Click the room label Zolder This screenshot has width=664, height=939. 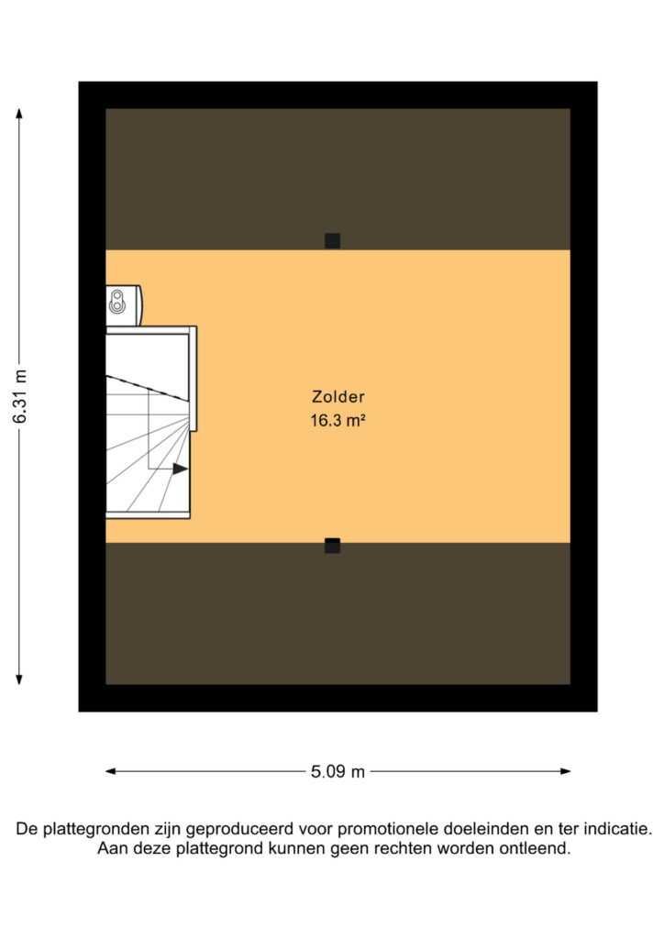[338, 396]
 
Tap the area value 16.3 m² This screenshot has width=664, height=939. [338, 420]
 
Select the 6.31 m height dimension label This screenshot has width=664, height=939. [20, 396]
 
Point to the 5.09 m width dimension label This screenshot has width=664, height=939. [338, 771]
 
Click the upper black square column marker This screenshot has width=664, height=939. [332, 241]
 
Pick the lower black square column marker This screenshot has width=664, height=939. [332, 546]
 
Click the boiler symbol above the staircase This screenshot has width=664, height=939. [123, 304]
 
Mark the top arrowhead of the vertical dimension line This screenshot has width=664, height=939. [19, 113]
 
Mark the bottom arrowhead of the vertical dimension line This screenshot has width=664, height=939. [19, 679]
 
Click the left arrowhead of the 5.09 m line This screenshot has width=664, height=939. [111, 771]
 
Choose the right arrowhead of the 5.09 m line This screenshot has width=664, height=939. [565, 771]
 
